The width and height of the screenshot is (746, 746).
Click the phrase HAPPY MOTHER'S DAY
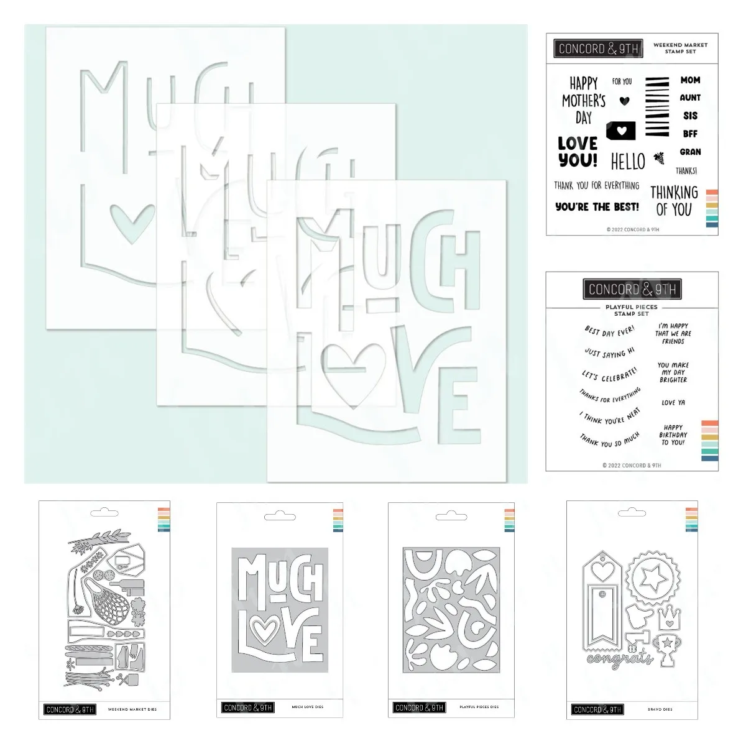(x=583, y=100)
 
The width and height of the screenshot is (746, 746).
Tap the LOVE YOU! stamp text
(x=578, y=152)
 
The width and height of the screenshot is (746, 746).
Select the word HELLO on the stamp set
(x=628, y=162)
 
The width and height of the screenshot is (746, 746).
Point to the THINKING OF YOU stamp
(x=674, y=200)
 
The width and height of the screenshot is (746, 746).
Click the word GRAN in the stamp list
(x=690, y=152)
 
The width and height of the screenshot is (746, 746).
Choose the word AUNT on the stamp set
(x=690, y=98)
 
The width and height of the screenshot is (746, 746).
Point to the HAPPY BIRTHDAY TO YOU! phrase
(x=673, y=435)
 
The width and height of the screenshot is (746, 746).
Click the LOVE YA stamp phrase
(x=673, y=403)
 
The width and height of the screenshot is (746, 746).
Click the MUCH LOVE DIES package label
(x=307, y=707)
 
